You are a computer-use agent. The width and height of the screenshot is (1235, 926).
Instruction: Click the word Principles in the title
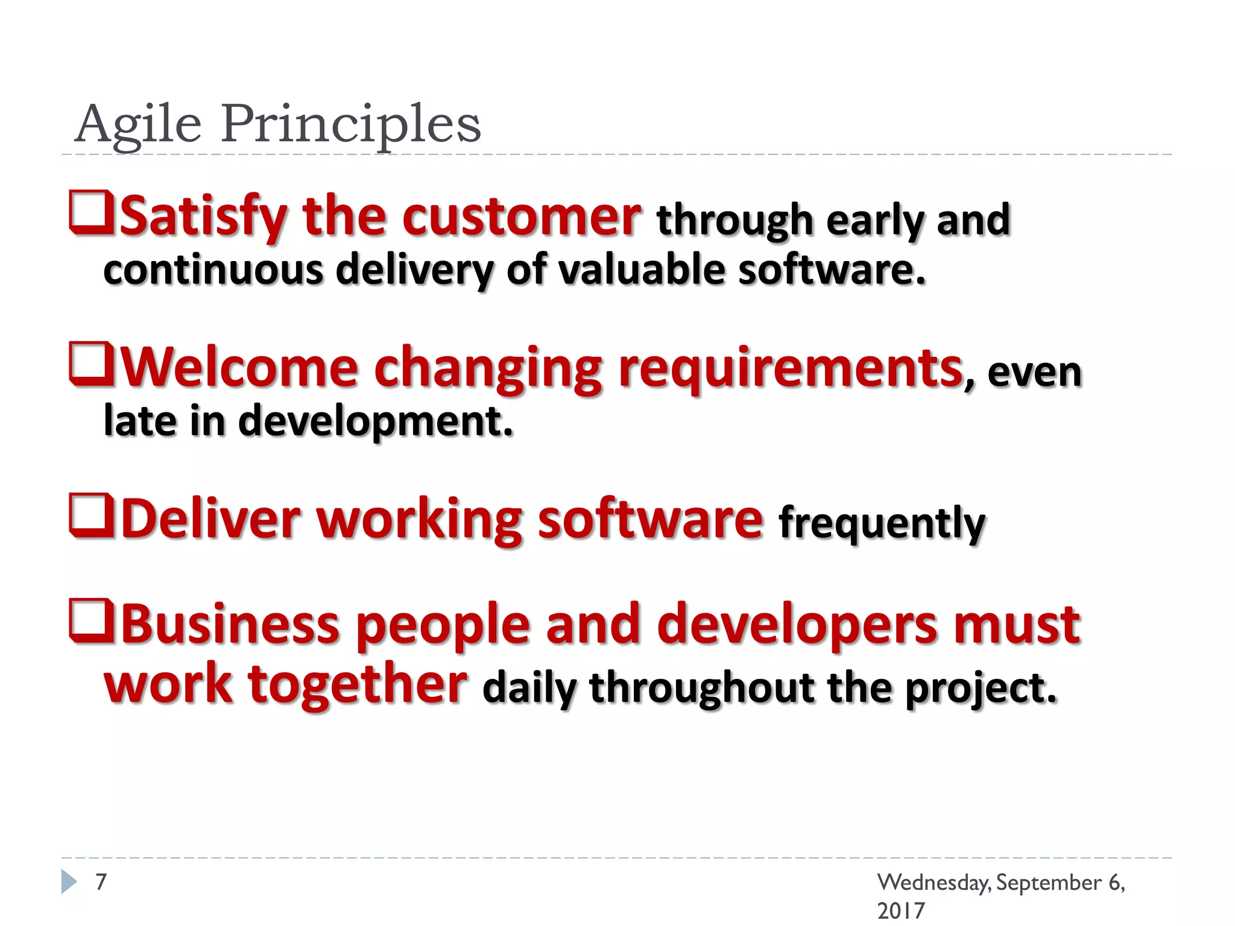[350, 124]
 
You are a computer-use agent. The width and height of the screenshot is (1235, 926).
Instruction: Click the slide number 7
[101, 881]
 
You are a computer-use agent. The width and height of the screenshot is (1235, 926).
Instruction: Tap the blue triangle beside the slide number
[69, 881]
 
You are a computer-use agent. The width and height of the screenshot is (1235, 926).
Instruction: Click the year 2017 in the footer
[900, 910]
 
